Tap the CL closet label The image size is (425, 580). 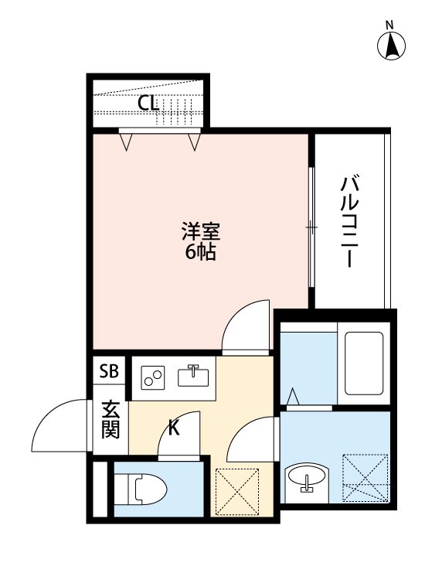pos(148,103)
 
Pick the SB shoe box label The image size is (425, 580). pos(109,371)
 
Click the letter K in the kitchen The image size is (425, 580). pos(175,427)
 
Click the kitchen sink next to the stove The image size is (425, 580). pos(193,377)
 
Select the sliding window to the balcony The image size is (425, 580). pos(311,227)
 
